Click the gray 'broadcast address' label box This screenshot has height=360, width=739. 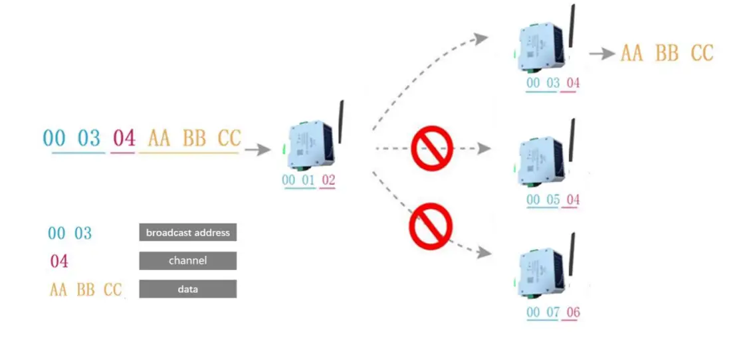click(x=187, y=232)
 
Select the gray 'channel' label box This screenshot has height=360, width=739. click(x=187, y=261)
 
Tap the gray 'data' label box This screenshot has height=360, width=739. click(x=187, y=290)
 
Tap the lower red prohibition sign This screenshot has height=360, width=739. click(x=430, y=226)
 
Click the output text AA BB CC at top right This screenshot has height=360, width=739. click(x=667, y=54)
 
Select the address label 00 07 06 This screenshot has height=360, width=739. click(x=553, y=313)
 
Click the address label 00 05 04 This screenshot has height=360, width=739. click(x=553, y=200)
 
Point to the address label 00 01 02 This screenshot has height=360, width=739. click(x=308, y=181)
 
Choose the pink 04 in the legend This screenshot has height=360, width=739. click(x=59, y=261)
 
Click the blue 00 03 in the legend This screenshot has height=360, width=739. click(x=70, y=233)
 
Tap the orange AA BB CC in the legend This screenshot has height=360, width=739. click(x=86, y=290)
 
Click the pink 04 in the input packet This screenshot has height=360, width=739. click(x=124, y=138)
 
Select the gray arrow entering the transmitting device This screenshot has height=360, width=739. click(x=257, y=150)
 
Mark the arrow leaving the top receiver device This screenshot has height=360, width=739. click(x=602, y=54)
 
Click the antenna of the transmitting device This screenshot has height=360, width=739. click(x=341, y=122)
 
